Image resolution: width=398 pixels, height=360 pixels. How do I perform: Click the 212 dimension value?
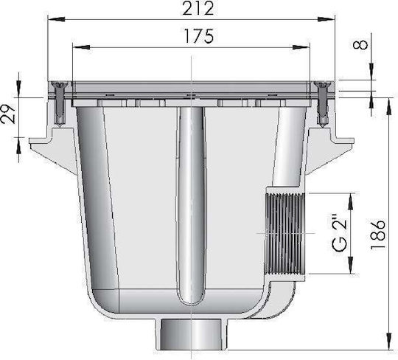tap(198, 9)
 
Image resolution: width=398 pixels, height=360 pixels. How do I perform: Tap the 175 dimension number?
tap(199, 36)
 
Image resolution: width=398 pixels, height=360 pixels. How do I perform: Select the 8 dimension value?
tap(360, 45)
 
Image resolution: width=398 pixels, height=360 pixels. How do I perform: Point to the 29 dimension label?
tap(8, 114)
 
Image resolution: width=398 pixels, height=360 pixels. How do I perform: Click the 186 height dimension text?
tap(377, 235)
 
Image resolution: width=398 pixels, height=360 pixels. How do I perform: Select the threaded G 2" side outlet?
tap(285, 233)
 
